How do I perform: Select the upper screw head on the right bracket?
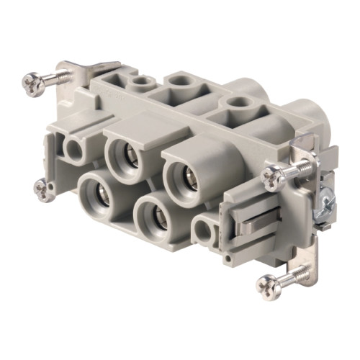[274, 175]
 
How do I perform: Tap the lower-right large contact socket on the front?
[153, 217]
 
